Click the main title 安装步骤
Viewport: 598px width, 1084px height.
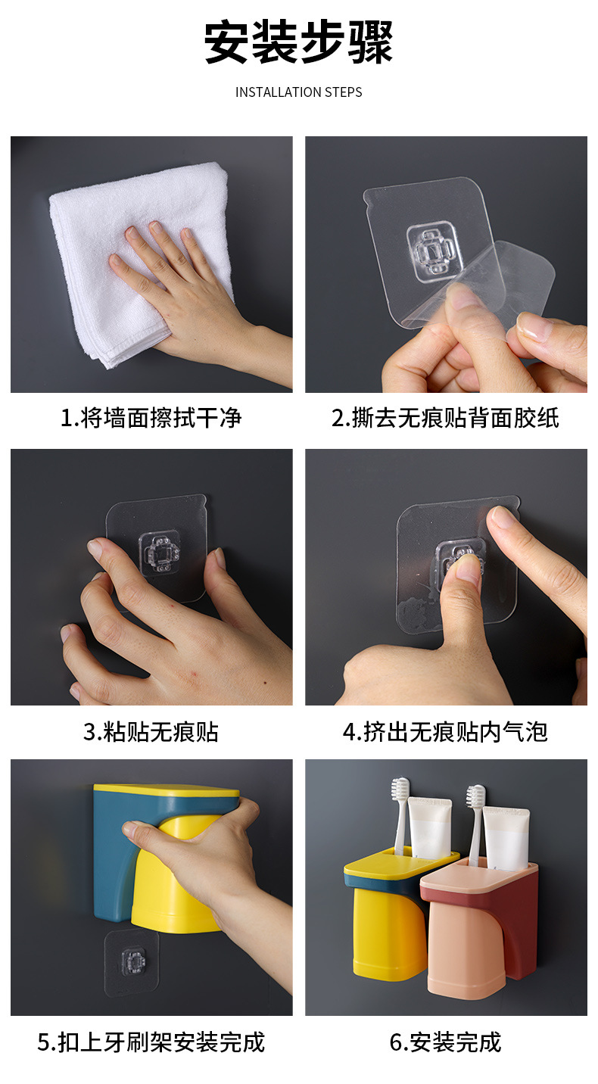[298, 43]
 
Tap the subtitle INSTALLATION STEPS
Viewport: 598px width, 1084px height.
[298, 92]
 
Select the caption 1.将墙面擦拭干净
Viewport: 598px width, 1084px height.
[151, 417]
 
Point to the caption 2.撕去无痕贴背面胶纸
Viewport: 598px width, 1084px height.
[445, 417]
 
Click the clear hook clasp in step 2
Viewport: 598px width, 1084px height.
[435, 249]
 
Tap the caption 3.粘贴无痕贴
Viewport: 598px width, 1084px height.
[151, 731]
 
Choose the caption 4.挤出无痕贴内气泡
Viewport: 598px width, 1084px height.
[445, 731]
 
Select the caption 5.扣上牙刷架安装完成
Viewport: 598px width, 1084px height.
[151, 1042]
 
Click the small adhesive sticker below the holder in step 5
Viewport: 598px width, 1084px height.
[132, 961]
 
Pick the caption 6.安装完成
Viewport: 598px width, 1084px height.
[445, 1042]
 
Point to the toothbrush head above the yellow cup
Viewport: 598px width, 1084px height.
[400, 791]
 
